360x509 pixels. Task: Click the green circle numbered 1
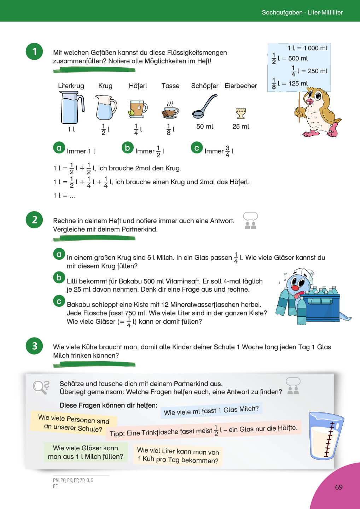pyautogui.click(x=34, y=52)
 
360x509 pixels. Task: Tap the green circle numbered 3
pyautogui.click(x=34, y=346)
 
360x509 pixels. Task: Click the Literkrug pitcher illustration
pyautogui.click(x=72, y=107)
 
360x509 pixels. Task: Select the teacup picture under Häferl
pyautogui.click(x=138, y=109)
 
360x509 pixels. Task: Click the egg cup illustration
pyautogui.click(x=240, y=113)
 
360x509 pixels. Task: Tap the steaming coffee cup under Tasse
pyautogui.click(x=170, y=110)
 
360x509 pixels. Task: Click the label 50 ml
pyautogui.click(x=205, y=127)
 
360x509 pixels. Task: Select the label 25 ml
pyautogui.click(x=240, y=127)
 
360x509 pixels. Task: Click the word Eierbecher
pyautogui.click(x=241, y=86)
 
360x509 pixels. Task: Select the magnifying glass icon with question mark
pyautogui.click(x=41, y=387)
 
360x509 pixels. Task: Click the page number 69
pyautogui.click(x=339, y=487)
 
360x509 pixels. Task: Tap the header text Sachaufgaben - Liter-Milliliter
pyautogui.click(x=302, y=12)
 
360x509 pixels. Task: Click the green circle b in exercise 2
pyautogui.click(x=59, y=277)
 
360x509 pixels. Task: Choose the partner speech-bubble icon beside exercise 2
pyautogui.click(x=250, y=221)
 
